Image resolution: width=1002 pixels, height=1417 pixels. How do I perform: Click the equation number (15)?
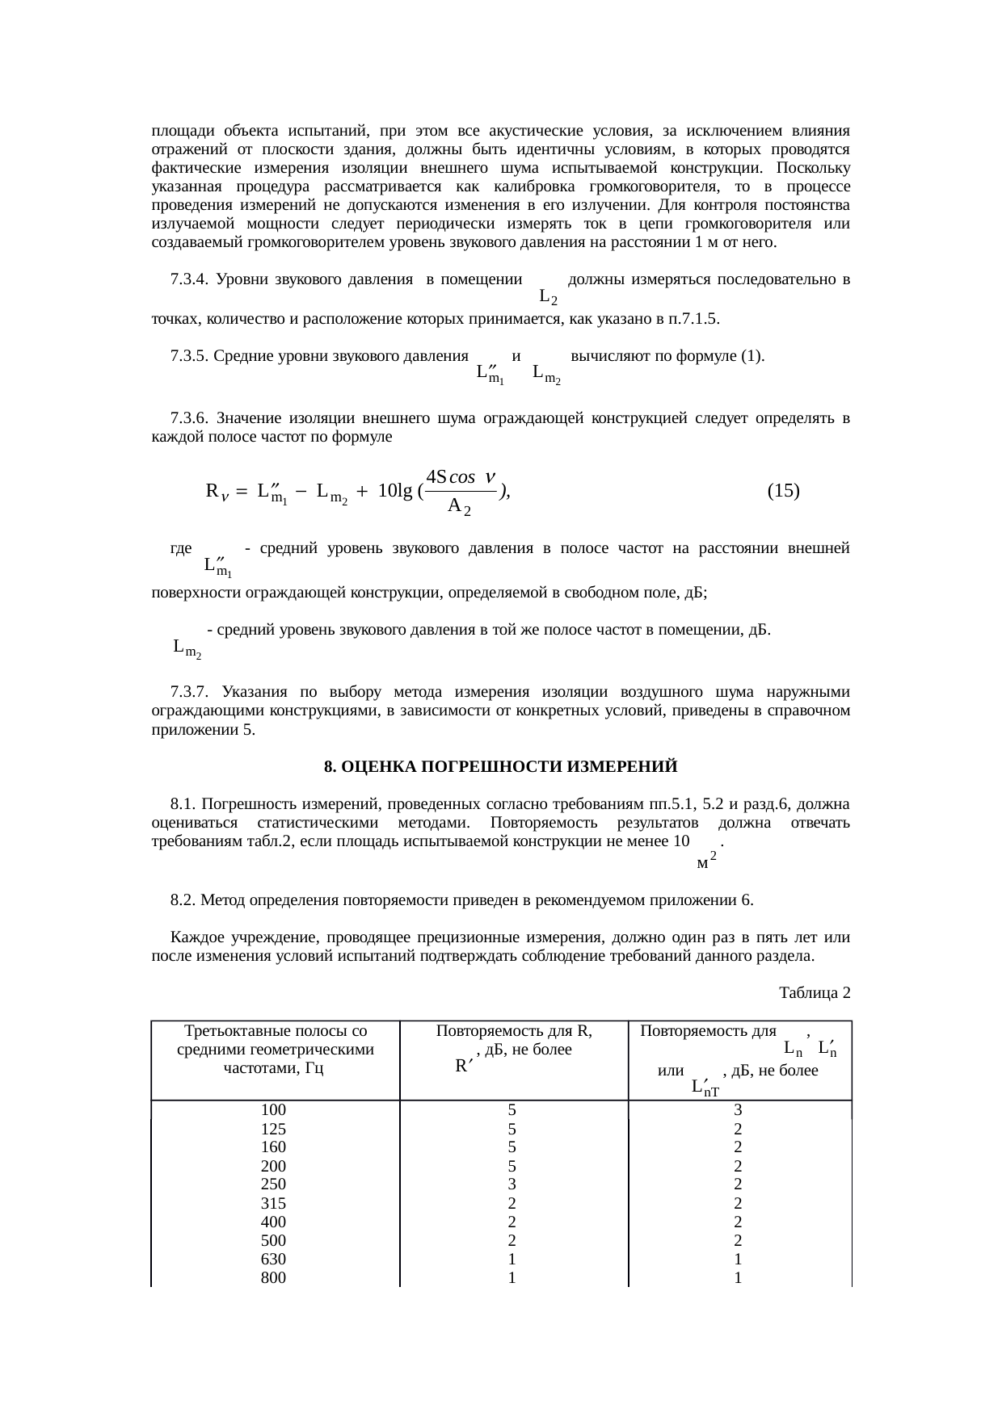tap(783, 490)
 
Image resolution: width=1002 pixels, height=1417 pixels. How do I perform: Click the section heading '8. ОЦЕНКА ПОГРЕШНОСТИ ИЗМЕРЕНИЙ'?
tap(500, 766)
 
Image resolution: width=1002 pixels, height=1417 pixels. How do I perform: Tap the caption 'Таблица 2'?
tap(814, 991)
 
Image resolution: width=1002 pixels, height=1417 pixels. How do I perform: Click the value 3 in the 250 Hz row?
tap(512, 1184)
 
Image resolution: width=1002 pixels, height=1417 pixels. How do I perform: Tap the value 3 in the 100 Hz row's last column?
tap(738, 1110)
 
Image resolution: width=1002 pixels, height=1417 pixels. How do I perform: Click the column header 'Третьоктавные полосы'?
tap(275, 1031)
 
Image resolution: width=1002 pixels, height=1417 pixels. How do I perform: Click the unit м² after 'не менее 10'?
tap(705, 862)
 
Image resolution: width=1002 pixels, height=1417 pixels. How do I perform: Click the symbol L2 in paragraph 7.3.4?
tap(547, 298)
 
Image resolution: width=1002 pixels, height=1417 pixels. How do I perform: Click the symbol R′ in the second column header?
tap(463, 1066)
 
